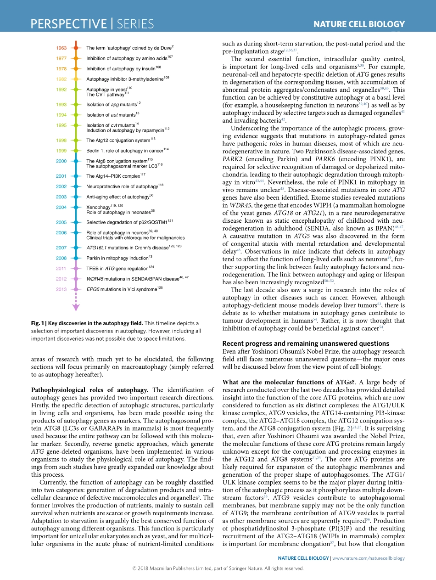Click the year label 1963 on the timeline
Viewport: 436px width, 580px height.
(x=61, y=48)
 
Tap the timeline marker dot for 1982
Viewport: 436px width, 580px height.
(x=76, y=79)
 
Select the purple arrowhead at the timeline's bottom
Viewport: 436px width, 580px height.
(x=76, y=307)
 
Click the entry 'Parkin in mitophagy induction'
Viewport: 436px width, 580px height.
(x=117, y=258)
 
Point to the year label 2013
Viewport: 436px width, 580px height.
(x=61, y=289)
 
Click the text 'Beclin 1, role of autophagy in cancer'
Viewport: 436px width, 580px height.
(x=126, y=150)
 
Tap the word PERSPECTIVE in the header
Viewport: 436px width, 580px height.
(x=68, y=24)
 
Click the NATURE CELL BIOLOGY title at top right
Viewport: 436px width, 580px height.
(x=359, y=24)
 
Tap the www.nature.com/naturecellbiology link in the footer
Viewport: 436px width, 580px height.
(x=368, y=558)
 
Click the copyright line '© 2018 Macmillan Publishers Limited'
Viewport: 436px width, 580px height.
(x=184, y=568)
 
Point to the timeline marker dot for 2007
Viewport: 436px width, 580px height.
(x=76, y=248)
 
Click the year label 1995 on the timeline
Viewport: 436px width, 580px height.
(x=61, y=125)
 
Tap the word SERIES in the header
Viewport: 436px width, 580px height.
(x=135, y=24)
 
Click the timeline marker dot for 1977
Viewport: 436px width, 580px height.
(x=76, y=58)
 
